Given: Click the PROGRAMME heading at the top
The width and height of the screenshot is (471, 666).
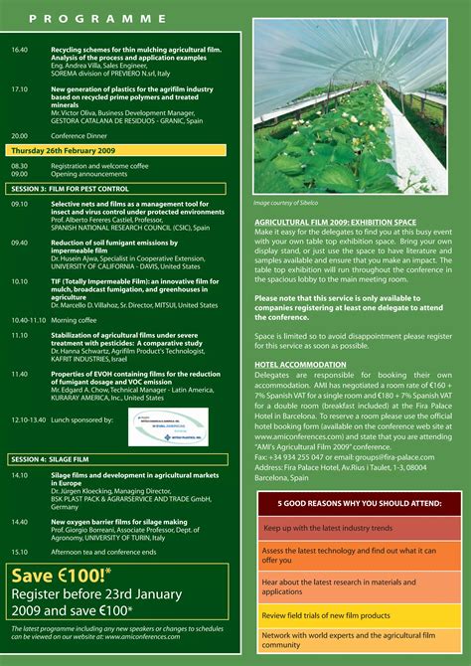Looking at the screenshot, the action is (97, 18).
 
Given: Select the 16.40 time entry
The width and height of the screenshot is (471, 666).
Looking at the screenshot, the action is (20, 48).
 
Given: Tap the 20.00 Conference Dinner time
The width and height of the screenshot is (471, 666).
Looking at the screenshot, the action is (20, 134).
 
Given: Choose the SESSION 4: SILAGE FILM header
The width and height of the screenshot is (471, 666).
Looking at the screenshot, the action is (57, 459).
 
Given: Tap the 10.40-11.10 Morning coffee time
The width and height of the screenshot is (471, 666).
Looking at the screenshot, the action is (29, 320).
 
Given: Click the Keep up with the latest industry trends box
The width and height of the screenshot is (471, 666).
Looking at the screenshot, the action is (358, 528).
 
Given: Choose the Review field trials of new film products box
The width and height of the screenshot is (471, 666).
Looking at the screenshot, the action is (358, 615).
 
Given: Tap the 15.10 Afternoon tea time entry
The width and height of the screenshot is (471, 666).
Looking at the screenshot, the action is (20, 551).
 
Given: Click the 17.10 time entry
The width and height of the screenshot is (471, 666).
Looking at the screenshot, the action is (20, 88).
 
